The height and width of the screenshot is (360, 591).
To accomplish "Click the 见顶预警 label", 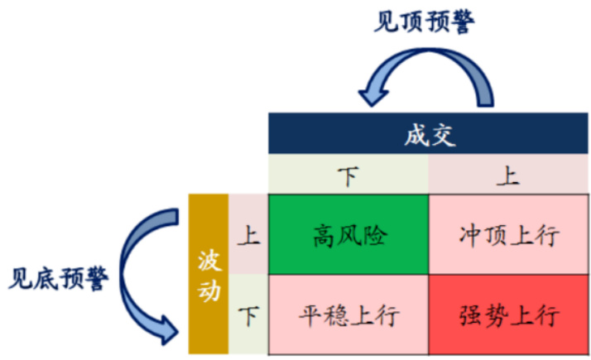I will (x=424, y=22).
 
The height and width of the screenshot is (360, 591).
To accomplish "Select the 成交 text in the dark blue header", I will (x=430, y=135).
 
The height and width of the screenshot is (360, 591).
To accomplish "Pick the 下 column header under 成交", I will (x=348, y=176).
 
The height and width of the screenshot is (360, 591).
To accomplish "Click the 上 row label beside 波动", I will (x=248, y=236).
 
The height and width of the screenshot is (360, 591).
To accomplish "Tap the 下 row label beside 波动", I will (x=248, y=315).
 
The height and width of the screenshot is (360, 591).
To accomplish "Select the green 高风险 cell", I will (x=349, y=236).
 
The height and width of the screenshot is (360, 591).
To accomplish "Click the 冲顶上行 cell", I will (x=510, y=236).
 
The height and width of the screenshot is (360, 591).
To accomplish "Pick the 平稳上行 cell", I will (x=349, y=315).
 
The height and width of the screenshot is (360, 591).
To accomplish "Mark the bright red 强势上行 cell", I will (x=510, y=315).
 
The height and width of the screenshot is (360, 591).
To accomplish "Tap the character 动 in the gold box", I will (x=209, y=292).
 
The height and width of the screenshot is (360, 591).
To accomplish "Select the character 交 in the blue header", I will (x=444, y=135).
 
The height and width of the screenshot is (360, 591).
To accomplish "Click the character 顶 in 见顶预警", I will (x=411, y=22).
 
